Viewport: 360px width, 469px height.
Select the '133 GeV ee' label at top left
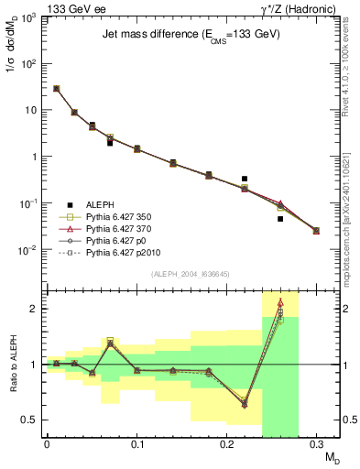click(x=37, y=7)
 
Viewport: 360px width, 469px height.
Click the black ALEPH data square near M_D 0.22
click(x=245, y=179)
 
